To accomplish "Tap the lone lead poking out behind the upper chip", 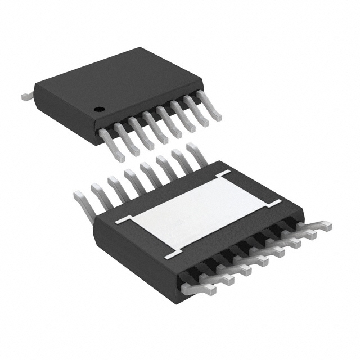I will (x=26, y=96).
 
